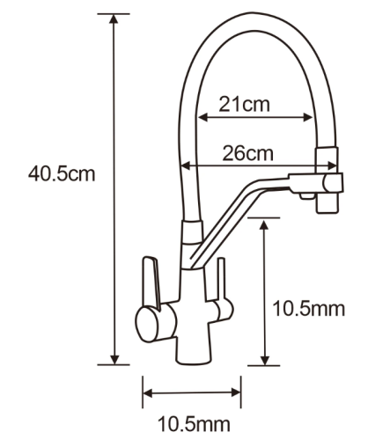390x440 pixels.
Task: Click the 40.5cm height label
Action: click(62, 174)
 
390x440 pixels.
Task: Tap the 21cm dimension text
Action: click(244, 105)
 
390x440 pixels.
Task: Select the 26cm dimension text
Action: click(247, 153)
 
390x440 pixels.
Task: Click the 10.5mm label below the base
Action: click(194, 424)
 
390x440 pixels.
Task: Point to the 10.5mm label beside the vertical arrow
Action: click(309, 309)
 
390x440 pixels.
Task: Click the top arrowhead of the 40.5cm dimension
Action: click(114, 18)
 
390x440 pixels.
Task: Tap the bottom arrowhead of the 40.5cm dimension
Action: click(114, 360)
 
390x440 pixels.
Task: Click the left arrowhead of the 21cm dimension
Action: click(203, 118)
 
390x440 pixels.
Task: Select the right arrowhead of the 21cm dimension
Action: click(307, 118)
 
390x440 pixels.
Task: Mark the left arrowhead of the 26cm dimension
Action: click(187, 165)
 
